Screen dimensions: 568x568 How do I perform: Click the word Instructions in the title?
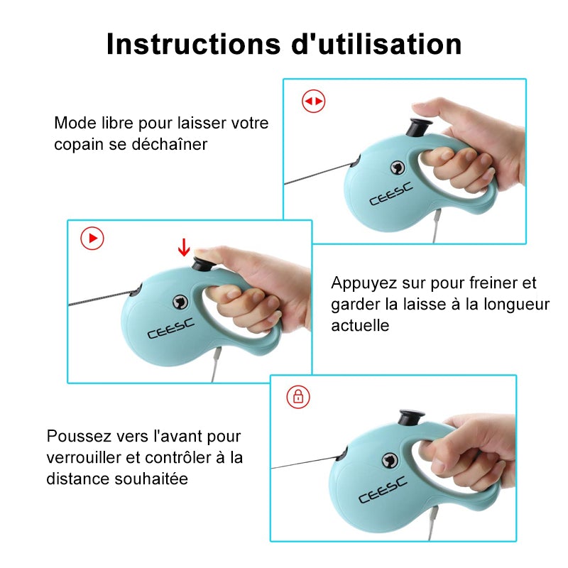coord(193,44)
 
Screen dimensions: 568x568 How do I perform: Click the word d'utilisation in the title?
coord(376,44)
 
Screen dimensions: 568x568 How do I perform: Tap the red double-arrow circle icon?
coord(313,101)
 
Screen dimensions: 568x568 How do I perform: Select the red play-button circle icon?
coord(92,239)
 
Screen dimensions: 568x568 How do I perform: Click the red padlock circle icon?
coord(298,397)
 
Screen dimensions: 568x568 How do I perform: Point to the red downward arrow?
coord(184,247)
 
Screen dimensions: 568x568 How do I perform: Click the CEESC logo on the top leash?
coord(391,194)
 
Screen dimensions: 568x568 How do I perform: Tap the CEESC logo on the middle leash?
coord(170,329)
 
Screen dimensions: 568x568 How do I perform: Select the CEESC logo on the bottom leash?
coord(383,490)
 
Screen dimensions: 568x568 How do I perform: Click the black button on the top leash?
coord(420,128)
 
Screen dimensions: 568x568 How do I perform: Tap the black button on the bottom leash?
coord(412,418)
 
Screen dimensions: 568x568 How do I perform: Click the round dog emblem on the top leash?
coord(398,168)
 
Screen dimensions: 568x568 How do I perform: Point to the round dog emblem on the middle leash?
coord(180,301)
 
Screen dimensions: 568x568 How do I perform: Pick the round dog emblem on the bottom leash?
coord(390,460)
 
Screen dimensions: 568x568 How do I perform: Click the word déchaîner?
coord(169,144)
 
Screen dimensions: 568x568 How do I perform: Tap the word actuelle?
coord(360,325)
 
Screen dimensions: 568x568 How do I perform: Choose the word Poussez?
coord(80,436)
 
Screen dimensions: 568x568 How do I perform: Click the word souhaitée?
coord(151,479)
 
